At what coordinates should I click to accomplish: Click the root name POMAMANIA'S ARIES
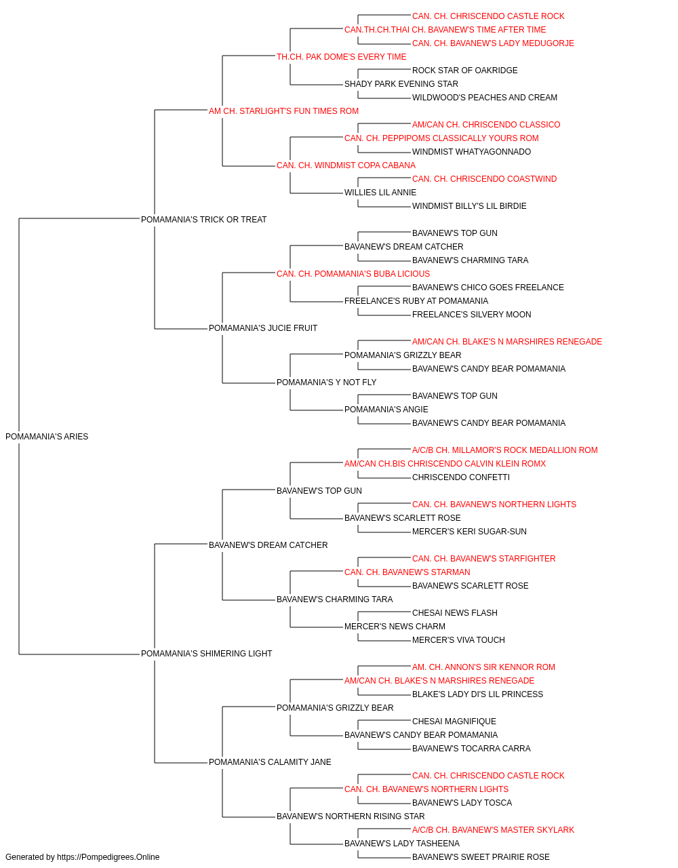pyautogui.click(x=47, y=437)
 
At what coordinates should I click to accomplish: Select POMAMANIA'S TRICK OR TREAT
pyautogui.click(x=203, y=220)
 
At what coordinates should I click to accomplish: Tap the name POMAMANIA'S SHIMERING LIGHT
pyautogui.click(x=206, y=654)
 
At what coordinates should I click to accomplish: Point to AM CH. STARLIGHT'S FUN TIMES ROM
pyautogui.click(x=283, y=111)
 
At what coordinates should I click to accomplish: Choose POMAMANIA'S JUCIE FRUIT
pyautogui.click(x=263, y=328)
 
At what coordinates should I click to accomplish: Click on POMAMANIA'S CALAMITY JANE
pyautogui.click(x=270, y=762)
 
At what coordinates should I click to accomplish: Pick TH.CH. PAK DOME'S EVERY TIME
pyautogui.click(x=342, y=57)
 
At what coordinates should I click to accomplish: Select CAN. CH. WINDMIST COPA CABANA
pyautogui.click(x=346, y=165)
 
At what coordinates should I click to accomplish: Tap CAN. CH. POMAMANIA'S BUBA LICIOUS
pyautogui.click(x=353, y=274)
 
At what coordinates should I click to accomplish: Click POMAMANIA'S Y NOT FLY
pyautogui.click(x=326, y=382)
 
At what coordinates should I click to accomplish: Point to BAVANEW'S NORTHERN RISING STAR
pyautogui.click(x=351, y=816)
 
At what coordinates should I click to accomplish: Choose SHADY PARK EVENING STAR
pyautogui.click(x=401, y=84)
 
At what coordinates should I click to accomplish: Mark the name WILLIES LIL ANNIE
pyautogui.click(x=380, y=193)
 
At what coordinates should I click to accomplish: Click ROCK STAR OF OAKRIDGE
pyautogui.click(x=465, y=71)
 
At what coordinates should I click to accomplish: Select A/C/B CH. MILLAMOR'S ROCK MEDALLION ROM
pyautogui.click(x=504, y=450)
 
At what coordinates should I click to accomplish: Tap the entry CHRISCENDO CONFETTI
pyautogui.click(x=461, y=477)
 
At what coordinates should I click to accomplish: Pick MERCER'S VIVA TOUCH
pyautogui.click(x=458, y=640)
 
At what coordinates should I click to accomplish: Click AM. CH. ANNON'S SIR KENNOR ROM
pyautogui.click(x=483, y=667)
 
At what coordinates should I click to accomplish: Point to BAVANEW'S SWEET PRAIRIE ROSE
pyautogui.click(x=481, y=857)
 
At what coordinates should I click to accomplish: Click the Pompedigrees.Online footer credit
pyautogui.click(x=82, y=857)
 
